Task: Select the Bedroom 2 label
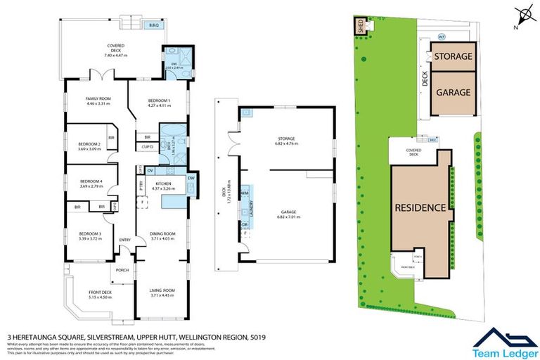tap(89, 145)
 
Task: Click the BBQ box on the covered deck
tap(153, 25)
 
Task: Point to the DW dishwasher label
tap(192, 179)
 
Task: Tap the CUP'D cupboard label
tap(148, 147)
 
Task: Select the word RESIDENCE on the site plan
tap(420, 207)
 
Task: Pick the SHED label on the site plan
tap(361, 27)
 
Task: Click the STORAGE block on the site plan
tap(452, 56)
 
